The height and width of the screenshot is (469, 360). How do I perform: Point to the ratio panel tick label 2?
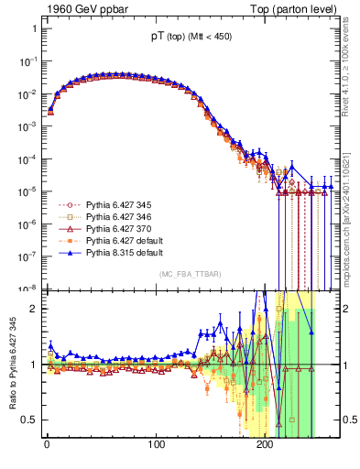point(32,309)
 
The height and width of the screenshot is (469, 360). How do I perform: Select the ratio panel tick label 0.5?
point(28,420)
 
